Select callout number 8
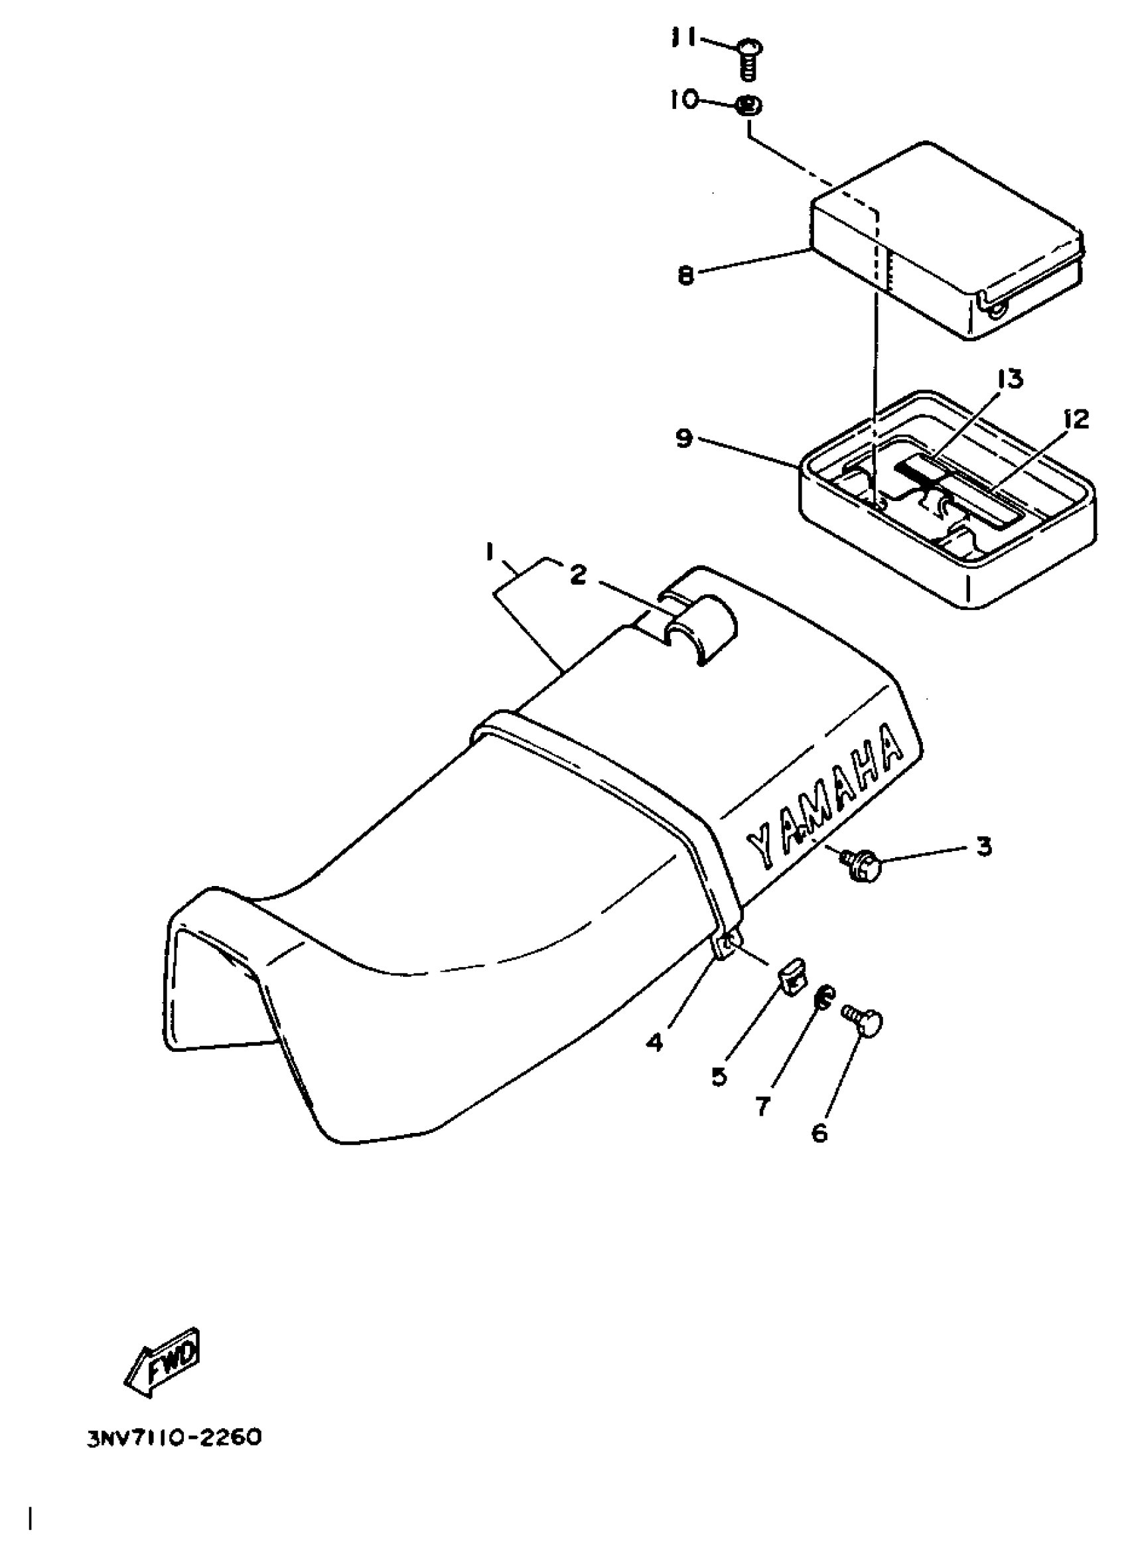click(x=686, y=276)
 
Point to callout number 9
click(x=684, y=438)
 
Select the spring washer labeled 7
click(x=823, y=997)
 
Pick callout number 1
click(x=490, y=552)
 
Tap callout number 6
click(x=820, y=1133)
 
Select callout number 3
click(x=984, y=846)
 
